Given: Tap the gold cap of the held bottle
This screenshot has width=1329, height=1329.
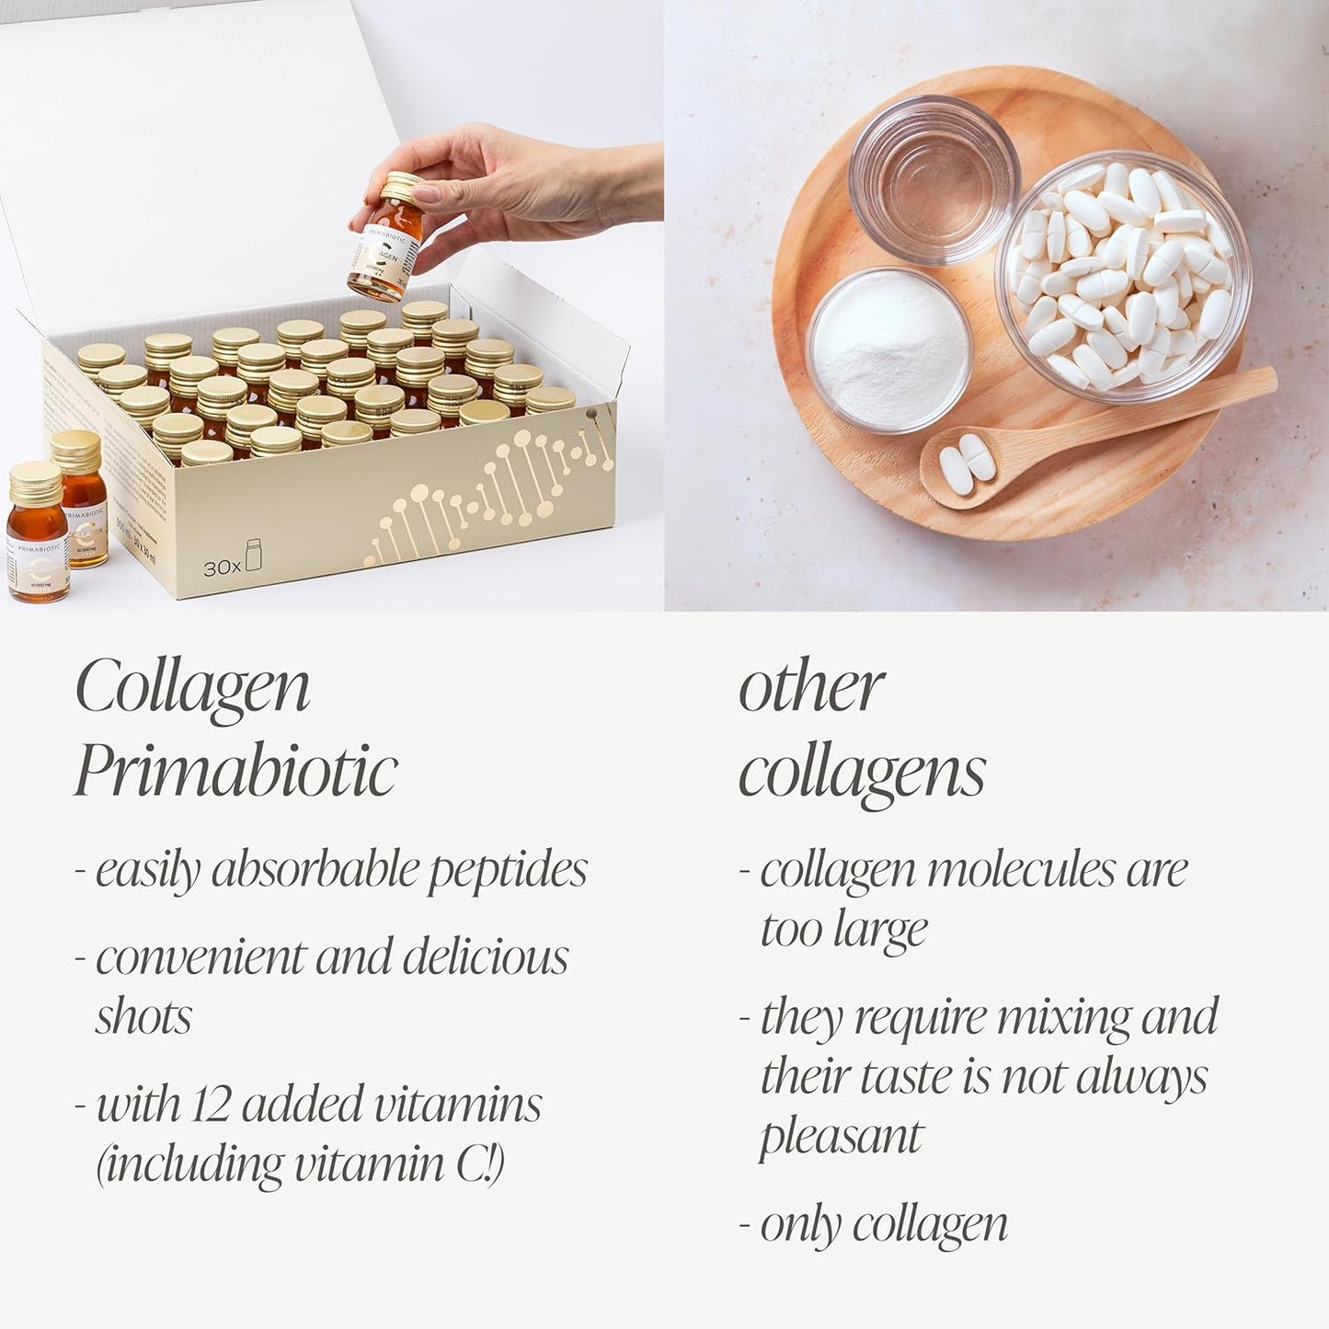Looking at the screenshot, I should pyautogui.click(x=402, y=187).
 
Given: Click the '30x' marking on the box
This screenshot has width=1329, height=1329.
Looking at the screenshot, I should pyautogui.click(x=222, y=567).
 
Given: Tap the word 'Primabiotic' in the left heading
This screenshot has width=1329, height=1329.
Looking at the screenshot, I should pyautogui.click(x=235, y=770).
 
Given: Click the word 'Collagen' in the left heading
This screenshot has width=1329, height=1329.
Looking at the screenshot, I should pyautogui.click(x=192, y=686).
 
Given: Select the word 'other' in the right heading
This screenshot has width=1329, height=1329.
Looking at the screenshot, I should pyautogui.click(x=810, y=686).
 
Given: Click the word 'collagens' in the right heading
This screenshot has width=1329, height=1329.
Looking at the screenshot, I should pyautogui.click(x=862, y=771).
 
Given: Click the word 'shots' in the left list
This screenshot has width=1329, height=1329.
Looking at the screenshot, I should pyautogui.click(x=143, y=1016).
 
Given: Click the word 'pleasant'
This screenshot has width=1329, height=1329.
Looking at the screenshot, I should pyautogui.click(x=841, y=1137).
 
